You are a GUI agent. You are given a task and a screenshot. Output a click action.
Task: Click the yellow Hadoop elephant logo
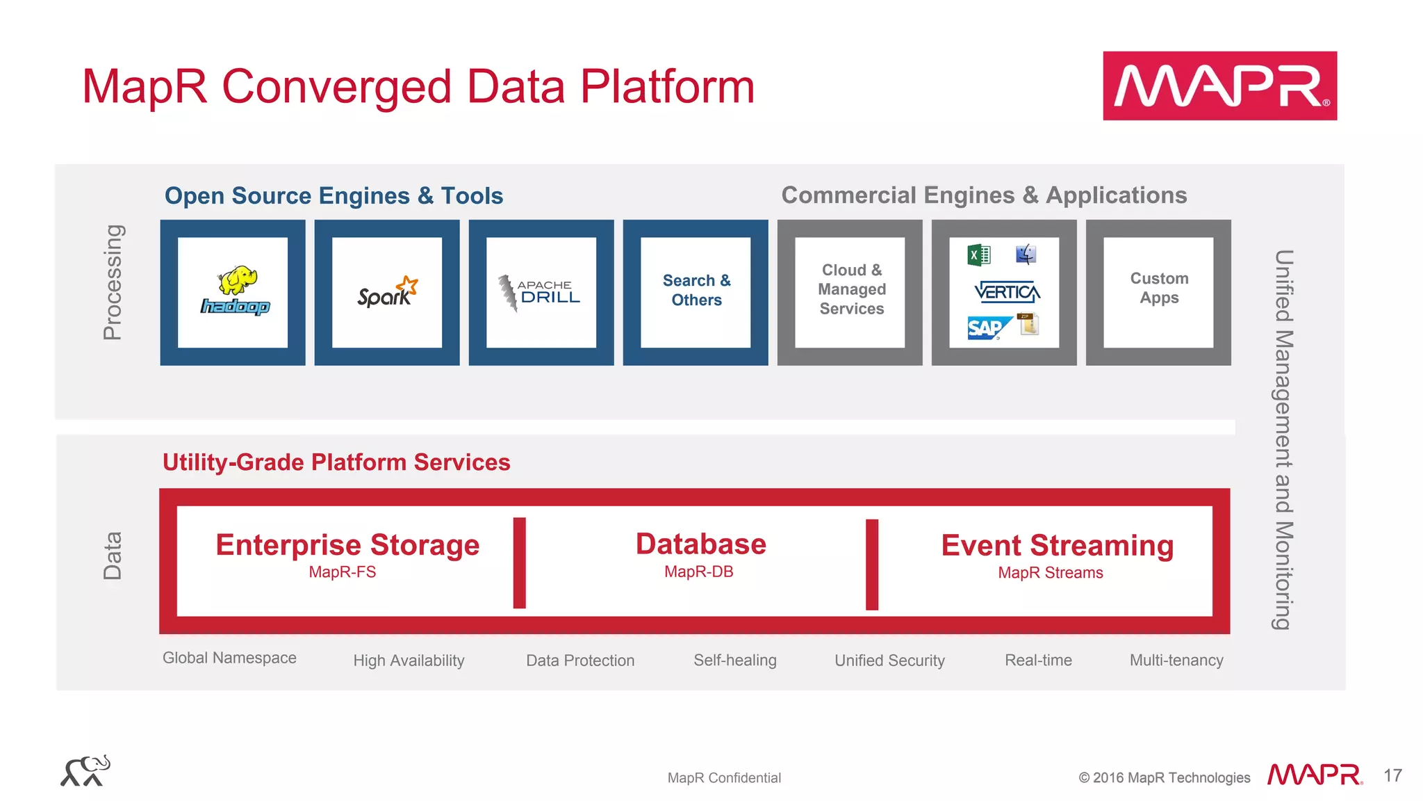[x=236, y=291]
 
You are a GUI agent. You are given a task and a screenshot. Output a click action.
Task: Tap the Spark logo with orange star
[x=387, y=293]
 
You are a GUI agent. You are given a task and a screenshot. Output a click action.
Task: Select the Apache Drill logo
[x=540, y=293]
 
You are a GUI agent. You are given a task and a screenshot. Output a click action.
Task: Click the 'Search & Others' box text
[x=696, y=291]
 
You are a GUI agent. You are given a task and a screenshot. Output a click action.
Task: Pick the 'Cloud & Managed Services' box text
[x=851, y=289]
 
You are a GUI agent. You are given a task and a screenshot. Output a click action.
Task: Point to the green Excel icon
[x=978, y=255]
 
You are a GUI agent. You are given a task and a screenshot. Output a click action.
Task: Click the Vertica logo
[x=1007, y=292]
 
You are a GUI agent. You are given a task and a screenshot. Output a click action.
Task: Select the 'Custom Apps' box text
[x=1159, y=288]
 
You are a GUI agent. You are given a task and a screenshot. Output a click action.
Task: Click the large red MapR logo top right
[x=1219, y=86]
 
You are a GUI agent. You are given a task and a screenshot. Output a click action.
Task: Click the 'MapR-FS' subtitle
[x=343, y=572]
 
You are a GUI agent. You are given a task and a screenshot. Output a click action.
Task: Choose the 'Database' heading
[x=700, y=544]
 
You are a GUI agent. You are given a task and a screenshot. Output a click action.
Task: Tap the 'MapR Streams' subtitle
[x=1050, y=573]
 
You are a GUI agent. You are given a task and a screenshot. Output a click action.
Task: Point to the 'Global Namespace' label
[x=229, y=658]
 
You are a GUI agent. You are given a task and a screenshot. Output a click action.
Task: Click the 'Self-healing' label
[x=734, y=661]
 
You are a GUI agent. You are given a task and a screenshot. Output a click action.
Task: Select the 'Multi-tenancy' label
[x=1176, y=661]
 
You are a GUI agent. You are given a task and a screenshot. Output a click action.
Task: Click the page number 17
[x=1392, y=776]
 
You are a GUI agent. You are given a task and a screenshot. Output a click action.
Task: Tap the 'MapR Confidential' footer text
[x=724, y=778]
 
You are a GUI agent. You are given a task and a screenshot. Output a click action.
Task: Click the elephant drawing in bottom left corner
[x=85, y=771]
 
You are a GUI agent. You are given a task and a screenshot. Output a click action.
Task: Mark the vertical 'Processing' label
[x=113, y=282]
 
